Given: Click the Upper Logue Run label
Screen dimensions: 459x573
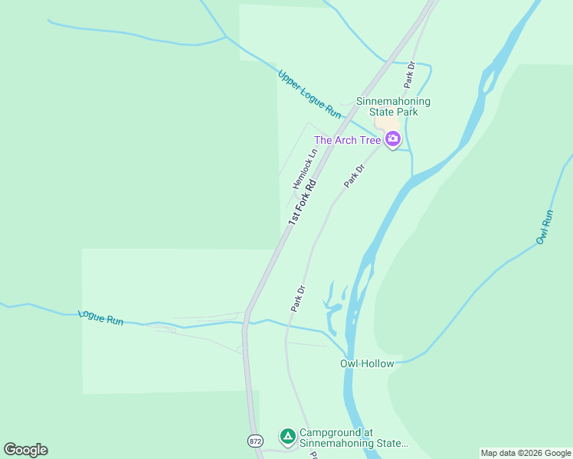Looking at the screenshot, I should tap(309, 94).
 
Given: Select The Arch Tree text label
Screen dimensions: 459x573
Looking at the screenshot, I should tap(347, 140).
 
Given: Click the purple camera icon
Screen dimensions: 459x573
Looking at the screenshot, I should tap(393, 139).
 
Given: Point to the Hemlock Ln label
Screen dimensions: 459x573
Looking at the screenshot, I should tap(304, 169).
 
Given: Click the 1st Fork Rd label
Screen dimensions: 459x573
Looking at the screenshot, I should tap(302, 202).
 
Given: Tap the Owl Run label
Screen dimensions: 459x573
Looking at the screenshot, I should tap(545, 227).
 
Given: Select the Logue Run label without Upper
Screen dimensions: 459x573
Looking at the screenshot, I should tap(100, 317).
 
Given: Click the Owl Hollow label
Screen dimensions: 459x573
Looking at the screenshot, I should tap(367, 363).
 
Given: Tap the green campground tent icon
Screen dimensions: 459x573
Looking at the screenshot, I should tap(287, 437).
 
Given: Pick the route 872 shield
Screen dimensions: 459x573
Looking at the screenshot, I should tap(256, 441).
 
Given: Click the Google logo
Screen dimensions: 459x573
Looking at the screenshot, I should tap(25, 450).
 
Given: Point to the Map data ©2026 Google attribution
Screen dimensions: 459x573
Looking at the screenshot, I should tap(526, 453).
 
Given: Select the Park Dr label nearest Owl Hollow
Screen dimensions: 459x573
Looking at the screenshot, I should tap(298, 298).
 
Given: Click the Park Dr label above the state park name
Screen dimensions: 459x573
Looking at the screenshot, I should tap(410, 73).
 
